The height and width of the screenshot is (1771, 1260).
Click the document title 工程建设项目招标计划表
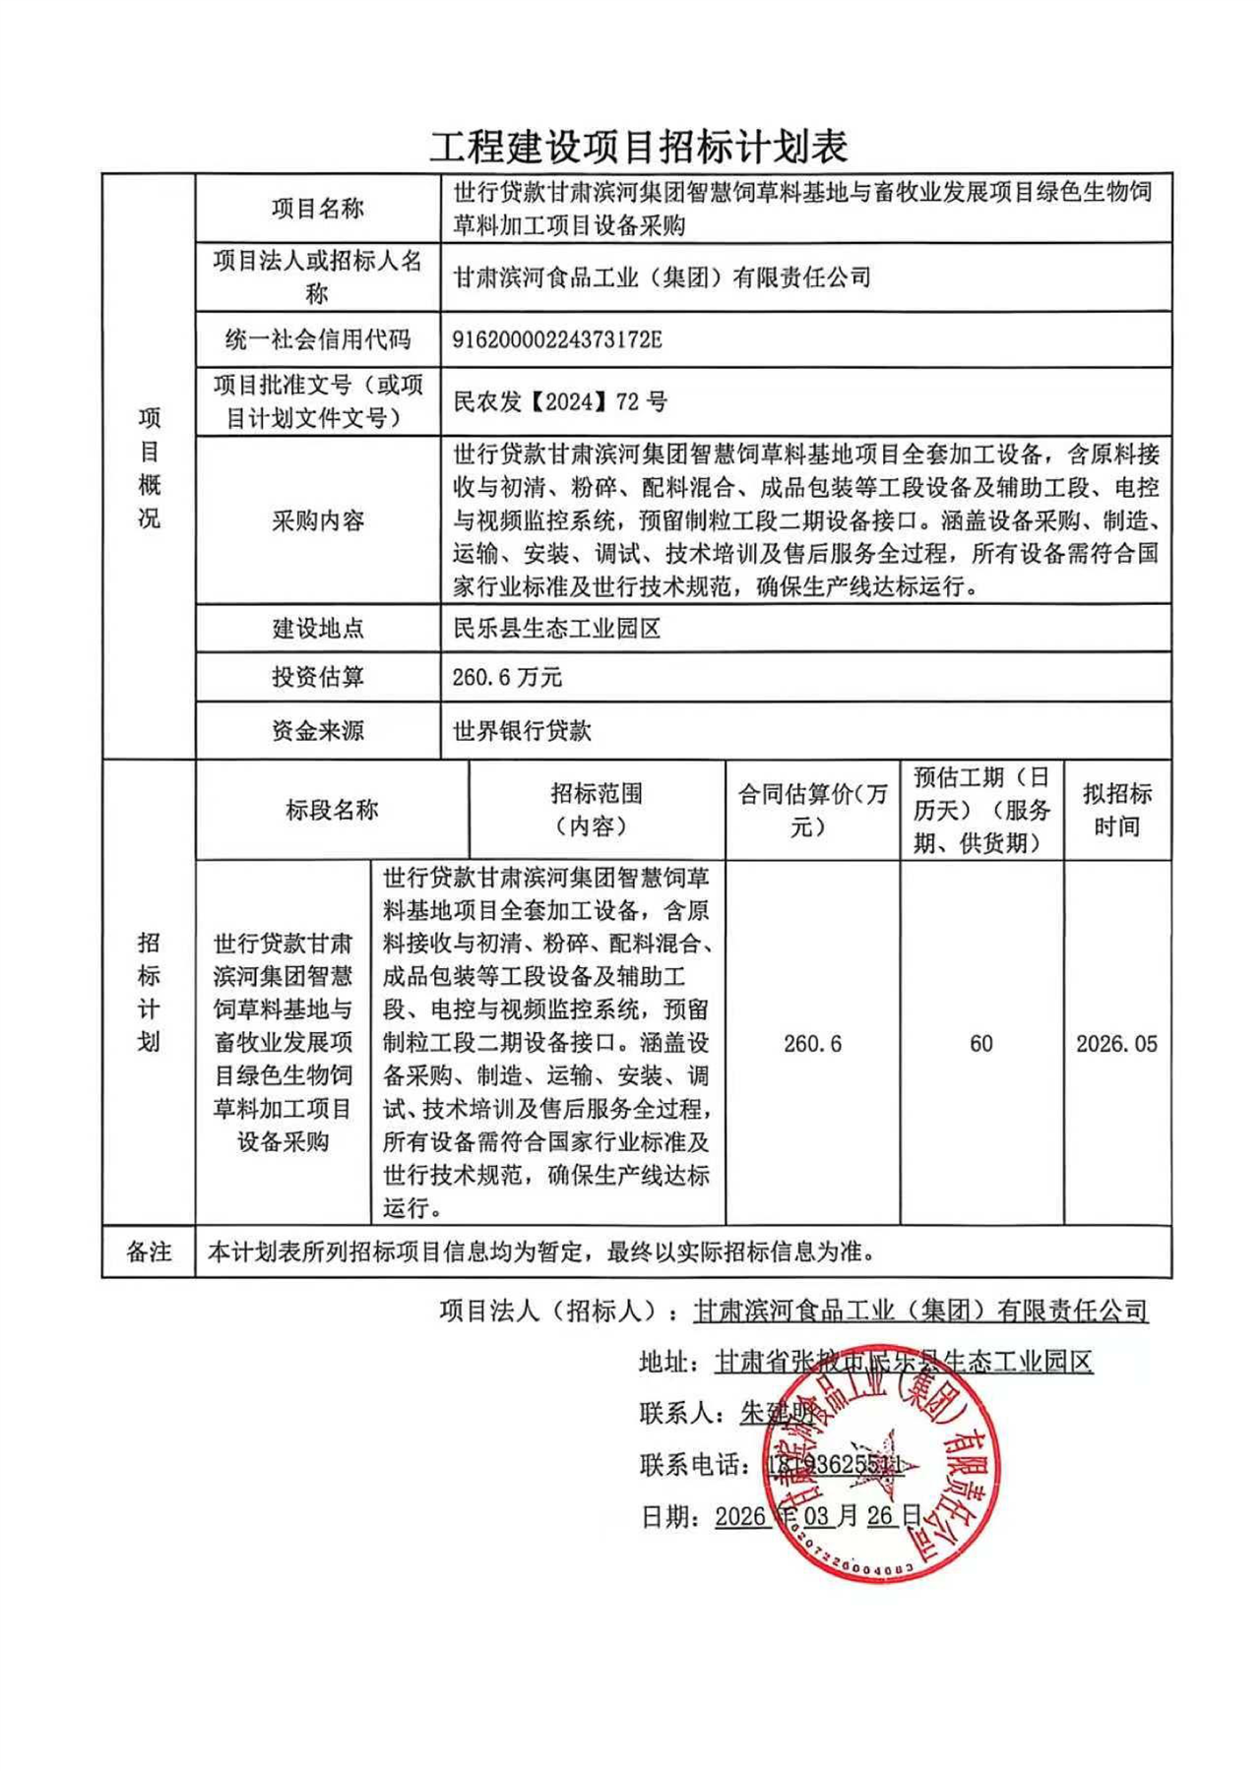(x=638, y=148)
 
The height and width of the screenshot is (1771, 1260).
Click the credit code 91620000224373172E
(x=557, y=340)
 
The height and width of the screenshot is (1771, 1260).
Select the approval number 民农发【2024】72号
(x=560, y=401)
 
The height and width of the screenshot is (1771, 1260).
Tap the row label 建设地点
(x=318, y=628)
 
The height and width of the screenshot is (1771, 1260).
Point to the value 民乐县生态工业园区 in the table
(x=557, y=628)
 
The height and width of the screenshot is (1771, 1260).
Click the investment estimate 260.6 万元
(x=507, y=677)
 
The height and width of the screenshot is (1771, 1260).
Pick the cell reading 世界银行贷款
(x=522, y=731)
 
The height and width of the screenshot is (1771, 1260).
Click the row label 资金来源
(x=318, y=731)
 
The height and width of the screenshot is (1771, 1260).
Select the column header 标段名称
(x=332, y=811)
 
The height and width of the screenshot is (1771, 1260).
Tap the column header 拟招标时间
(x=1117, y=811)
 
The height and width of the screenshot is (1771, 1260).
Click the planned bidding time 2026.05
(x=1117, y=1044)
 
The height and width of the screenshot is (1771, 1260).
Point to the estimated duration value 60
(x=981, y=1044)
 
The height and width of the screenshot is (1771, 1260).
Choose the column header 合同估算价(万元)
(x=813, y=811)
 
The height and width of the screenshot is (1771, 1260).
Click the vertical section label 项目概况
(x=149, y=468)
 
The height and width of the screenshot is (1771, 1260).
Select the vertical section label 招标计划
(x=149, y=993)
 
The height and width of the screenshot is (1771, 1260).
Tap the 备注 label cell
(x=149, y=1252)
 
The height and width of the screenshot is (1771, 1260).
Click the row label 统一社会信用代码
(x=318, y=340)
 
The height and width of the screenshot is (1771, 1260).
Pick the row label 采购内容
(x=318, y=520)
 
